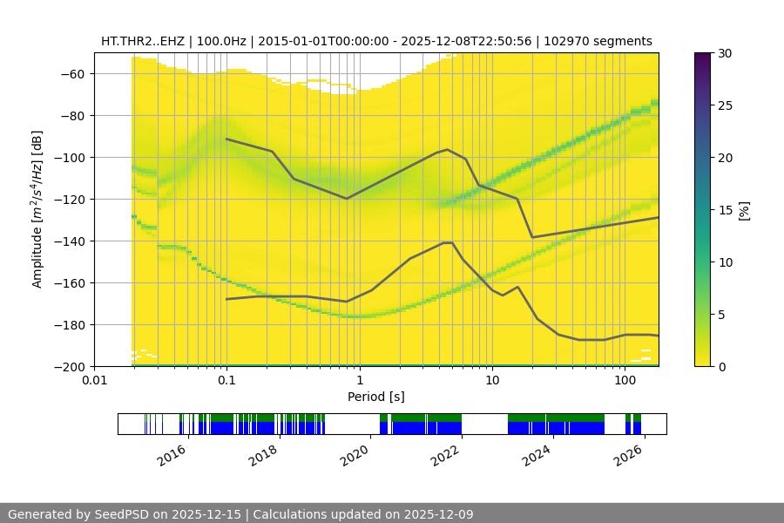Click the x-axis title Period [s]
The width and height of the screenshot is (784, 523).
click(376, 397)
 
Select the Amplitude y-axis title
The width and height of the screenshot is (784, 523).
click(37, 209)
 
